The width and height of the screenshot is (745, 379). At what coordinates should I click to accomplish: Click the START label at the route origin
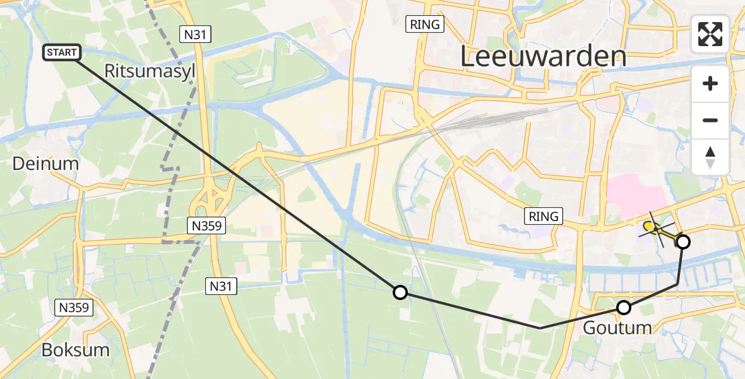(61, 52)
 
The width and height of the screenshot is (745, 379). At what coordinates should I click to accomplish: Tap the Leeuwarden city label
(543, 57)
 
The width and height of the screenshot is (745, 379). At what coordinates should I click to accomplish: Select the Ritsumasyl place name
(150, 71)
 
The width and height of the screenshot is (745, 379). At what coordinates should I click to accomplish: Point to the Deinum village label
(46, 164)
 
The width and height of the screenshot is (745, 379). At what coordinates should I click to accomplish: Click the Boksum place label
(75, 350)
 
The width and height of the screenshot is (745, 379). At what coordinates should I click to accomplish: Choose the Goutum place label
(617, 328)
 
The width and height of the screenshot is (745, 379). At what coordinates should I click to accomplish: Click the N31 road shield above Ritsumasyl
(195, 35)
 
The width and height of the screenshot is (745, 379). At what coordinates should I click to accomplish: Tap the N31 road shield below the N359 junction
(222, 287)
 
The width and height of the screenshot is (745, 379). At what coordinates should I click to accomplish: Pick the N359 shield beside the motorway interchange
(206, 225)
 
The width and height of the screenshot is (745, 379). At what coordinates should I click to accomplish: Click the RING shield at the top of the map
(426, 25)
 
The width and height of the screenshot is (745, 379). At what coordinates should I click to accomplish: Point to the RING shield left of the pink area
(544, 217)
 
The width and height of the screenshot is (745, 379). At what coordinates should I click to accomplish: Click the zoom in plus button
(710, 83)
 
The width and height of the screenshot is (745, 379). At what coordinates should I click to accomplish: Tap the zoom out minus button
(710, 120)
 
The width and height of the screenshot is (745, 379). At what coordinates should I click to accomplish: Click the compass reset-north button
(710, 157)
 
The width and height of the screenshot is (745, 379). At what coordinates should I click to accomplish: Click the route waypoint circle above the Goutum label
(624, 308)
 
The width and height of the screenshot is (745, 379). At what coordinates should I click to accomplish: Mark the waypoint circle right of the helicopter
(682, 241)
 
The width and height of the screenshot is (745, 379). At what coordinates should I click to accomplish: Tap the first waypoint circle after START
(400, 292)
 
